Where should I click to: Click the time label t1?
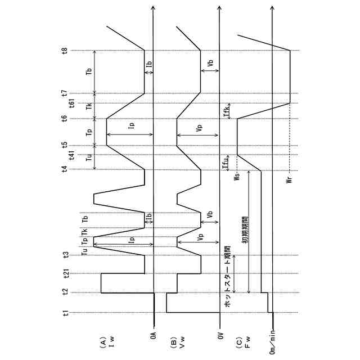[x=66, y=313]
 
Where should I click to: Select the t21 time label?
[x=66, y=274]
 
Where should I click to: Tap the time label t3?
[x=66, y=255]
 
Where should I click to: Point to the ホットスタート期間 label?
[x=227, y=276]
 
